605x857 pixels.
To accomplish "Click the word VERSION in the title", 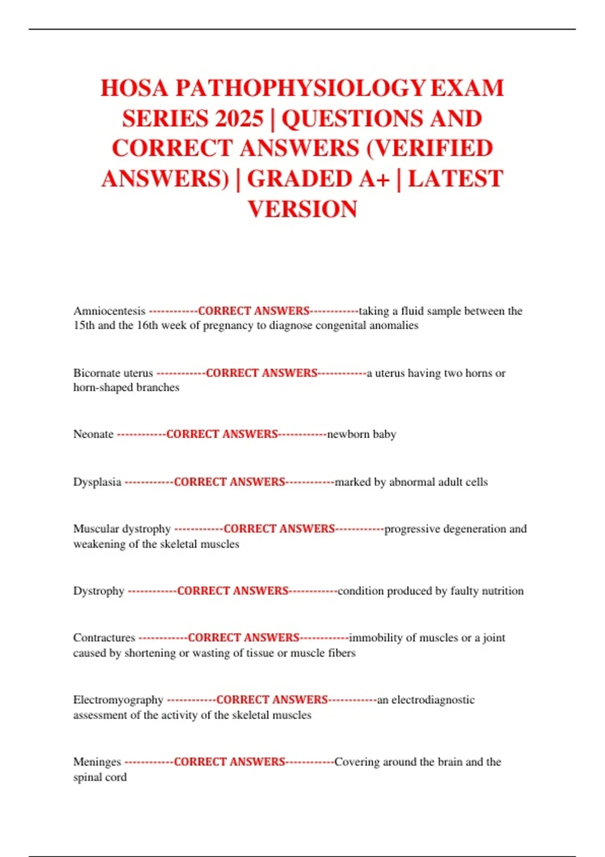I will click(x=302, y=209).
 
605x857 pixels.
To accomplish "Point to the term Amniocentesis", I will click(x=109, y=311).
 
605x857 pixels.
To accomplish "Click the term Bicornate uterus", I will click(x=113, y=373).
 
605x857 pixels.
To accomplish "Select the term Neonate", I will click(x=93, y=434).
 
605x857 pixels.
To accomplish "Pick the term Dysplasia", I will click(x=97, y=482).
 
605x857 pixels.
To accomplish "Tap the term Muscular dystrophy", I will click(x=122, y=529).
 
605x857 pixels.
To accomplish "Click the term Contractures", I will click(x=104, y=638).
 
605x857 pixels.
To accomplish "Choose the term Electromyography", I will click(x=118, y=700).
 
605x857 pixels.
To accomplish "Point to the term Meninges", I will click(x=97, y=762).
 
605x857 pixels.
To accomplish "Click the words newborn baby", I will click(x=361, y=434).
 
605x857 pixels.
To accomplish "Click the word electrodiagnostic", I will click(x=433, y=700).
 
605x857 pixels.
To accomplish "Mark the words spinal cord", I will click(x=100, y=777).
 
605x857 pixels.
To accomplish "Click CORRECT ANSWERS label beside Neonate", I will click(x=222, y=434).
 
